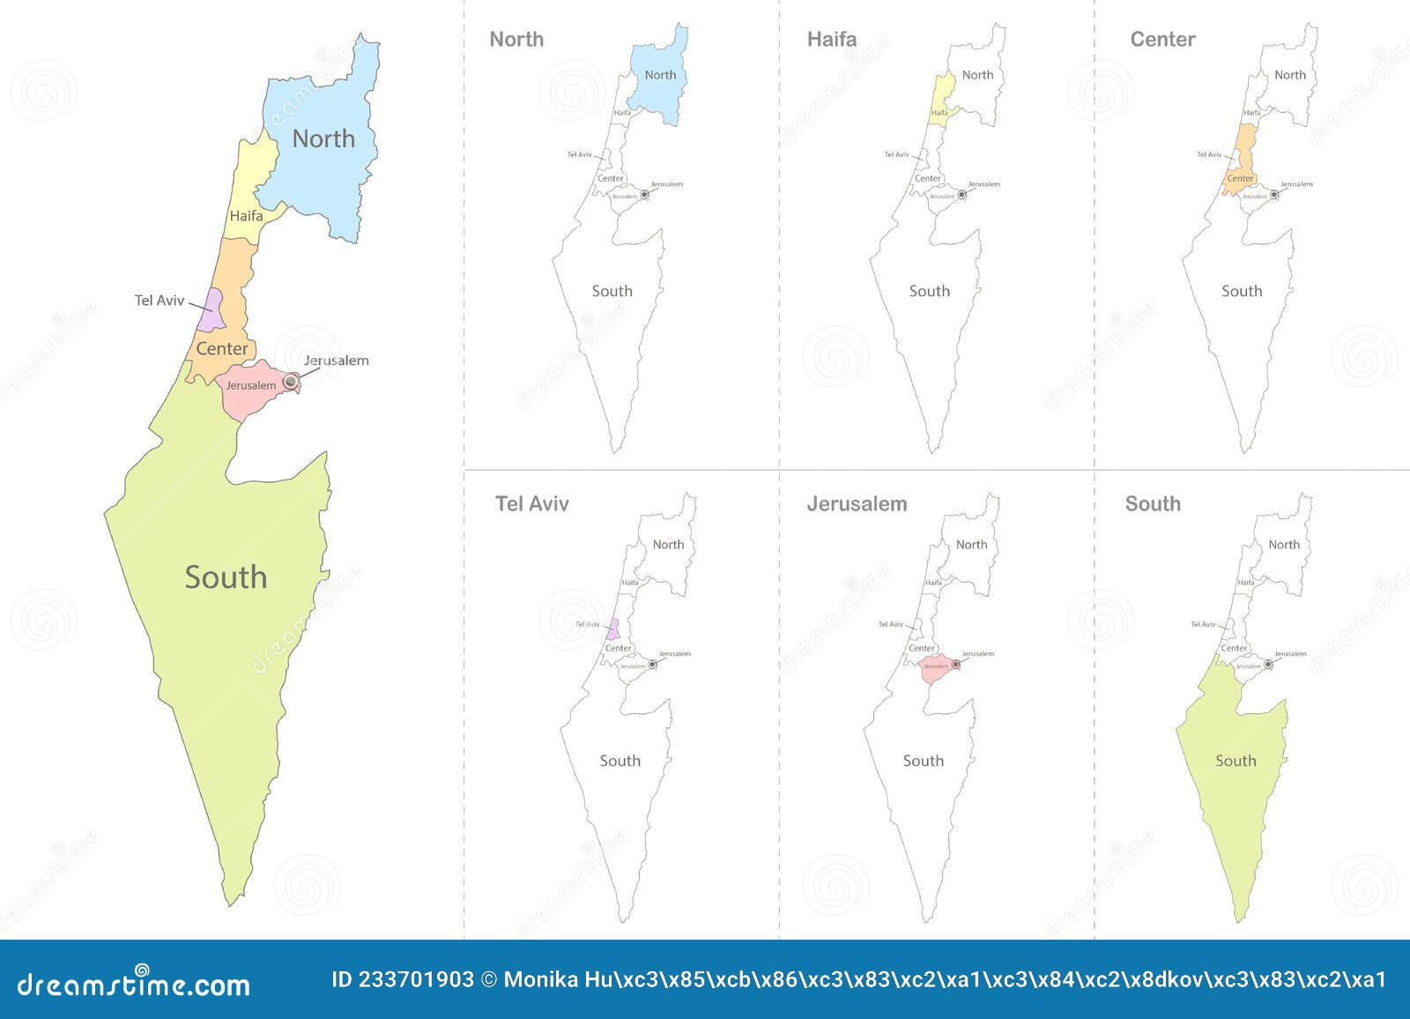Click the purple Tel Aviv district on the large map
pos(212,309)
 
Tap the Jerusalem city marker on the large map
pos(290,382)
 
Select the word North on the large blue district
pos(323,139)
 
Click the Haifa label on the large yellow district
pos(246,216)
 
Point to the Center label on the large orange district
pos(221,349)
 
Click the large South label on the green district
pos(226,577)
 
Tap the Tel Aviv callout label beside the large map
pos(160,301)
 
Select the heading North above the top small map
pos(516,40)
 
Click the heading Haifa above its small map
pos(832,40)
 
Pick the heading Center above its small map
pos(1162,40)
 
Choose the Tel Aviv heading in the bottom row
pos(532,504)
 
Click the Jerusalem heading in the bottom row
pos(857,504)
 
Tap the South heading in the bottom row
pos(1153,504)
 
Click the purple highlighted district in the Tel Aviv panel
pos(612,629)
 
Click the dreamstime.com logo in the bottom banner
pos(134,982)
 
